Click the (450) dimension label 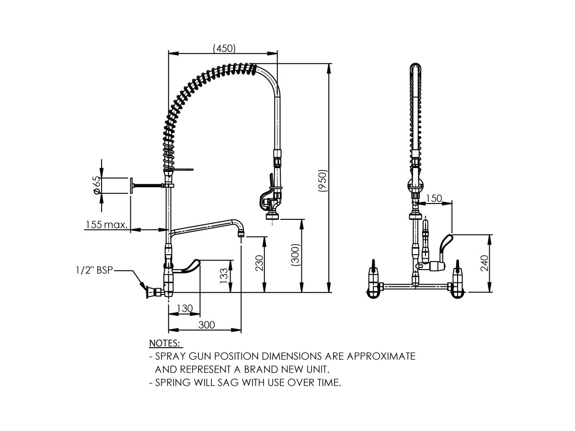tap(224, 48)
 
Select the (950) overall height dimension tap(323, 181)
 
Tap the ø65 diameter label tap(97, 185)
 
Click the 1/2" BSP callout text tap(94, 271)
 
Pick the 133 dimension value tap(224, 276)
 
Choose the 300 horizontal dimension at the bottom tap(206, 325)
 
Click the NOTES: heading tap(165, 343)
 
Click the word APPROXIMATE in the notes tap(380, 357)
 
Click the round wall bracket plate tap(130, 185)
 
